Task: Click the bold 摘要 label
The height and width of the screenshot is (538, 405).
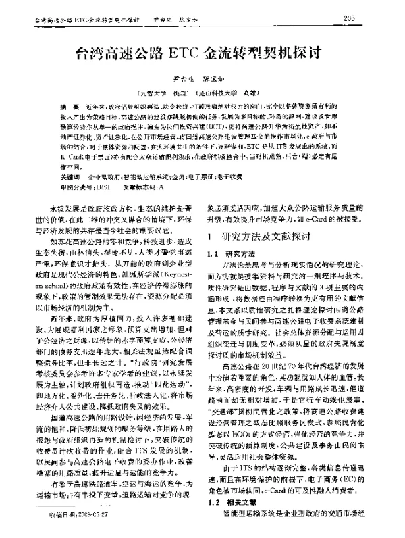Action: click(66, 107)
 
